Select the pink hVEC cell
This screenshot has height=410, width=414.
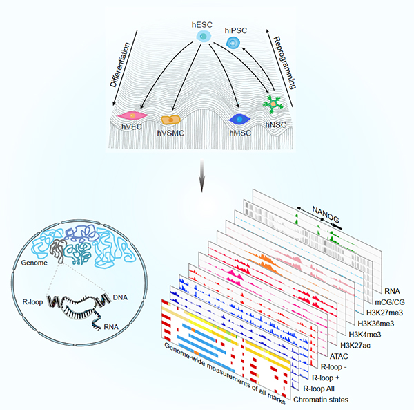point(130,115)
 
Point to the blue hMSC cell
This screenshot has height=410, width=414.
point(239,118)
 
